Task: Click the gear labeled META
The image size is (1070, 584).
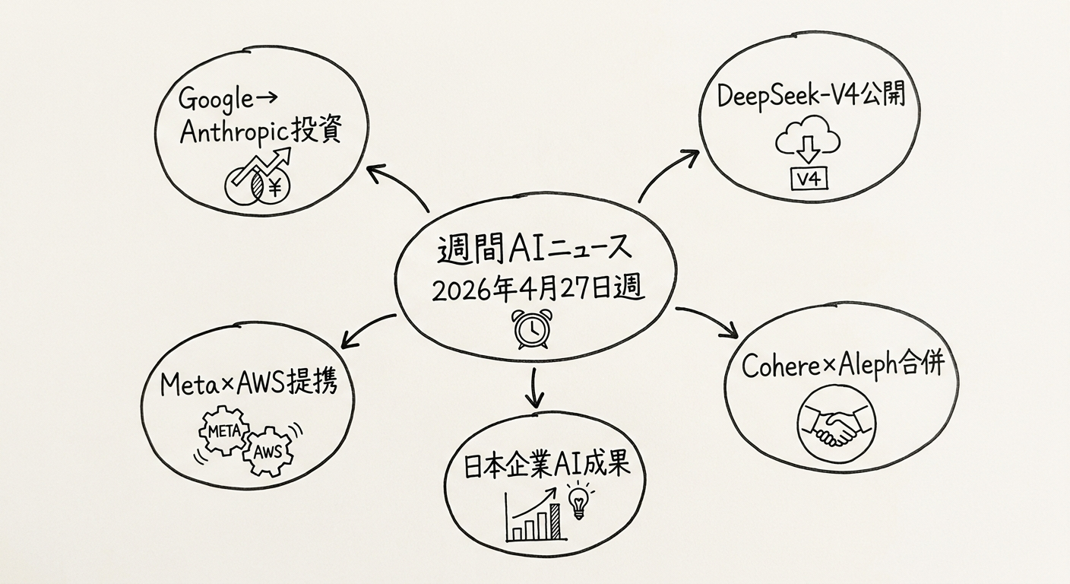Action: pos(223,431)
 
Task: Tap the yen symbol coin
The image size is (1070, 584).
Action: pos(273,186)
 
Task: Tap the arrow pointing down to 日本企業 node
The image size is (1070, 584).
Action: pos(536,388)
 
